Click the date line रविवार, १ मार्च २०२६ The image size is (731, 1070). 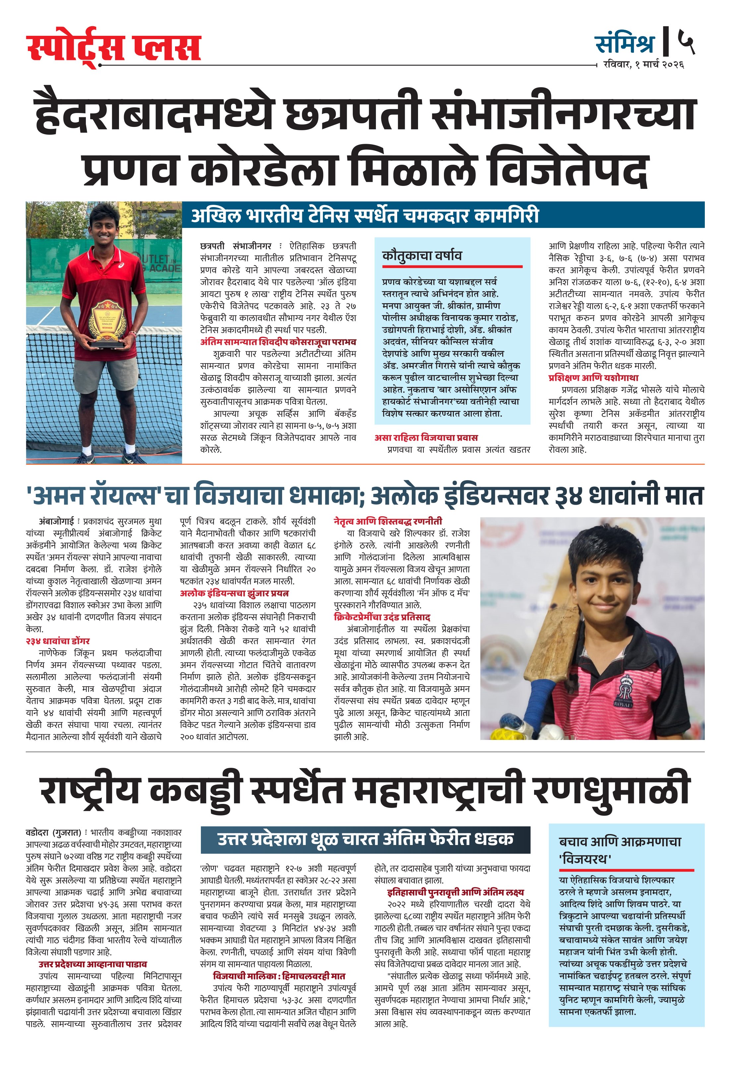tap(643, 65)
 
